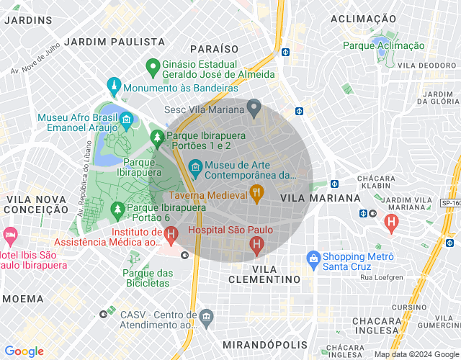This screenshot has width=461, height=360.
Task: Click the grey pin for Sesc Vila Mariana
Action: pyautogui.click(x=254, y=109)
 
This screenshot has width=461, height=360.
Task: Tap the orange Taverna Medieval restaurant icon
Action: pyautogui.click(x=255, y=192)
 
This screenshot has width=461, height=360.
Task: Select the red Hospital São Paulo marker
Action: pyautogui.click(x=256, y=246)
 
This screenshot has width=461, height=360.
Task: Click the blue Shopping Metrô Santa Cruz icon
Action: pyautogui.click(x=313, y=257)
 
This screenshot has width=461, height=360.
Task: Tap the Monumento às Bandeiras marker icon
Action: pyautogui.click(x=113, y=87)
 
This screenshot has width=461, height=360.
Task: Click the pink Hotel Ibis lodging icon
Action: pyautogui.click(x=10, y=235)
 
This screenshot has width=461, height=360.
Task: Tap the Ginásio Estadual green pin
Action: pyautogui.click(x=152, y=67)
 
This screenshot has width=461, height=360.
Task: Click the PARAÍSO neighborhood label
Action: pyautogui.click(x=214, y=48)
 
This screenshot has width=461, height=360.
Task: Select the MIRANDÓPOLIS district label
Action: pyautogui.click(x=265, y=345)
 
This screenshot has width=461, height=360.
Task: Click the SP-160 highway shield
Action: pyautogui.click(x=450, y=204)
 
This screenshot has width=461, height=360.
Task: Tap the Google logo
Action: pyautogui.click(x=24, y=351)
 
